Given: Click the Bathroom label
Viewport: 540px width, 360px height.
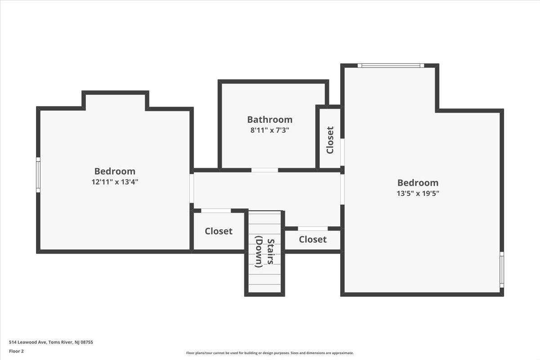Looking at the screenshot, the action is click(270, 120).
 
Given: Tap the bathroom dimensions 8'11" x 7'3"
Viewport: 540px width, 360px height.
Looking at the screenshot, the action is click(270, 130).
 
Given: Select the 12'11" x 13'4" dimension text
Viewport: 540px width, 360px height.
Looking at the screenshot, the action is click(115, 182).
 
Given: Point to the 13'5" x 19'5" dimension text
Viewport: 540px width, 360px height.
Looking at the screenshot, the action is click(418, 193).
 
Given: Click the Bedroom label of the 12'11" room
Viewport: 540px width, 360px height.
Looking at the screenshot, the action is click(115, 171).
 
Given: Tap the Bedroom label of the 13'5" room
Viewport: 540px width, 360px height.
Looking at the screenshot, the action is click(418, 183).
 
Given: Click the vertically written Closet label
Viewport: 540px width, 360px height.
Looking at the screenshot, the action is click(330, 140).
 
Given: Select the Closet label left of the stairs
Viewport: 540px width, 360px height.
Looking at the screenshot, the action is click(219, 231).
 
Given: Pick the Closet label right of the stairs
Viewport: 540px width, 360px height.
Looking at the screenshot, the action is click(313, 239).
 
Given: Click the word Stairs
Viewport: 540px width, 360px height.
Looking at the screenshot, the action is click(270, 252).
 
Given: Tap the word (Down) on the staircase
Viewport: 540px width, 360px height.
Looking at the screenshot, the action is click(259, 252).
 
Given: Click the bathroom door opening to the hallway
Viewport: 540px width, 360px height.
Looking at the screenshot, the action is click(265, 170).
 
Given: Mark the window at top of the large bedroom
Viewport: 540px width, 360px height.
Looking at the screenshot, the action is click(391, 65).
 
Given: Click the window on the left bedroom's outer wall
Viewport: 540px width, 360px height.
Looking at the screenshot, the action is click(38, 175).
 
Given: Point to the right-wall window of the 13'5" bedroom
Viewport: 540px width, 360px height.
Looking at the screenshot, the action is click(502, 270).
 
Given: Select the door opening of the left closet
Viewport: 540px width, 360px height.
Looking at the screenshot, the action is click(216, 211).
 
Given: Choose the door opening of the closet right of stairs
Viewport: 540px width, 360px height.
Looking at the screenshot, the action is click(313, 228).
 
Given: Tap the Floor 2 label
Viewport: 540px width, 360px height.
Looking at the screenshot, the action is click(16, 351).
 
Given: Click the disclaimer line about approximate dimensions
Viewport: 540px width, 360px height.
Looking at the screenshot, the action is click(270, 353).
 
